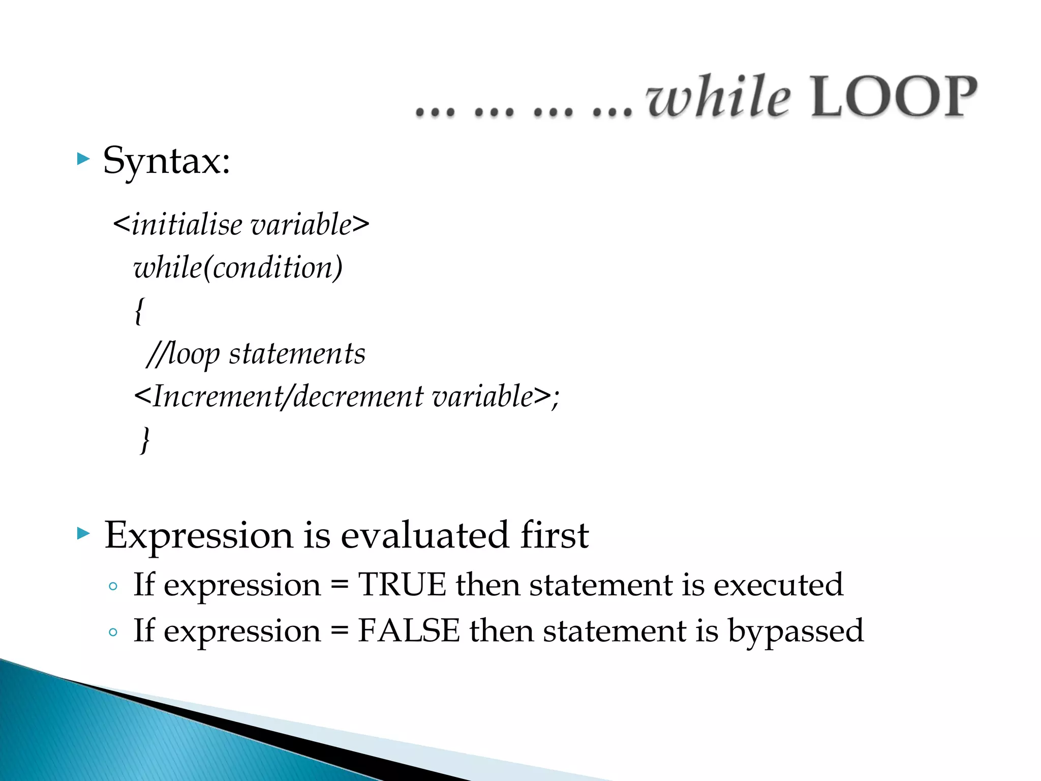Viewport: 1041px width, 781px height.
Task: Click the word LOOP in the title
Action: pyautogui.click(x=893, y=97)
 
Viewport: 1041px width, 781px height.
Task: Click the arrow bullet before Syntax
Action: pyautogui.click(x=83, y=159)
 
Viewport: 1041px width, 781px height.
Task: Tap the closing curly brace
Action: pyautogui.click(x=145, y=439)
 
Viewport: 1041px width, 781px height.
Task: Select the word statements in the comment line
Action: pyautogui.click(x=297, y=354)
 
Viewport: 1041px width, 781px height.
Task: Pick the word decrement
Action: pyautogui.click(x=358, y=397)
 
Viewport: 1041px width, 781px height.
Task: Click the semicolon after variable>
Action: pyautogui.click(x=555, y=398)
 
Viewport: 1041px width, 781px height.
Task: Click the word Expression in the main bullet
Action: pyautogui.click(x=199, y=536)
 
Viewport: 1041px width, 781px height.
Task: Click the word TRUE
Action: pyautogui.click(x=402, y=585)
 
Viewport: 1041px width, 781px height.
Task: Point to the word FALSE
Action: pyautogui.click(x=409, y=631)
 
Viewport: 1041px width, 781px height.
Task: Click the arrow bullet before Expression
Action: pyautogui.click(x=83, y=533)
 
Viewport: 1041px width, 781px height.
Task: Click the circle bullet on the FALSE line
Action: pyautogui.click(x=113, y=633)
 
